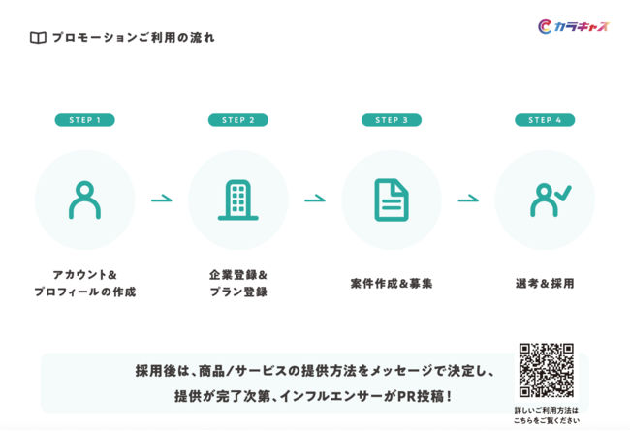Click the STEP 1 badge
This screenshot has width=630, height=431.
(84, 120)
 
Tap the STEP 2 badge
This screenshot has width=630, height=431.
(238, 120)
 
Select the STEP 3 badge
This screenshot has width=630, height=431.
(392, 120)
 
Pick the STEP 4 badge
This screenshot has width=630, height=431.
(545, 120)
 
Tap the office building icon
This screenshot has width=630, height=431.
(238, 200)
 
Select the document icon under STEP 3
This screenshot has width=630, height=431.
(392, 200)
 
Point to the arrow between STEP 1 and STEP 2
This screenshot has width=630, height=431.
(162, 199)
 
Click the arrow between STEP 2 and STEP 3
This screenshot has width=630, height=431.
(315, 199)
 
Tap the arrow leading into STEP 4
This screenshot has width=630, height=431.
(468, 199)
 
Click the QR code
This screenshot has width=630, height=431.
(546, 370)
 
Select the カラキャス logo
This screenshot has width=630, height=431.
(574, 26)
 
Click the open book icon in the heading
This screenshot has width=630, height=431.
(38, 38)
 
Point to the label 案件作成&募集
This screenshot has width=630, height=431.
(392, 284)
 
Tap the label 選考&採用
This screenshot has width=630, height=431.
(545, 284)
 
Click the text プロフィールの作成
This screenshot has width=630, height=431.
(84, 292)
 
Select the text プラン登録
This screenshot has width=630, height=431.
(238, 292)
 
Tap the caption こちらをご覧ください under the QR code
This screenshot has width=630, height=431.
(547, 421)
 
